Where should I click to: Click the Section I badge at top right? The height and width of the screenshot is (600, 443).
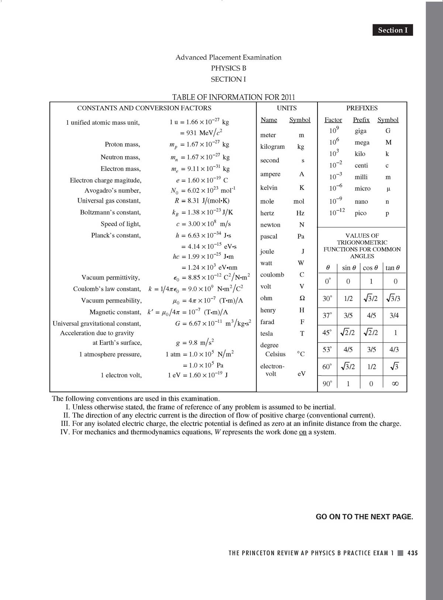click(393, 30)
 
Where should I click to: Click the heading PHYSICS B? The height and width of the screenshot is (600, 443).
click(229, 68)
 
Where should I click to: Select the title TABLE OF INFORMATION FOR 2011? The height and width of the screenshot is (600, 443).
click(234, 97)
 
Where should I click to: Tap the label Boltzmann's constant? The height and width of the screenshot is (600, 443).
click(110, 212)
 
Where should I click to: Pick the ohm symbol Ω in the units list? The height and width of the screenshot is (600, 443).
click(302, 298)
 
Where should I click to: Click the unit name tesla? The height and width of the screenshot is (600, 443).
click(267, 333)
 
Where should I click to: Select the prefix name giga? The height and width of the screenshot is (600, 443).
click(361, 131)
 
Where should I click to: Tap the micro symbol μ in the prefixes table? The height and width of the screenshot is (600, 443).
click(388, 189)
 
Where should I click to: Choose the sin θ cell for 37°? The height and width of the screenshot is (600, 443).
click(348, 315)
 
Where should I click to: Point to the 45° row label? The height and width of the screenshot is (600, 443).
click(327, 333)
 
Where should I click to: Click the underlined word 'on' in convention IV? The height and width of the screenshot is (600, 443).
click(303, 432)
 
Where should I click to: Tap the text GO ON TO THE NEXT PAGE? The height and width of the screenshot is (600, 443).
click(364, 517)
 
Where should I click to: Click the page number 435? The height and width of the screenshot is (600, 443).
click(413, 553)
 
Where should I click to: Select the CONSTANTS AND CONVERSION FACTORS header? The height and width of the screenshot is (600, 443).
click(144, 108)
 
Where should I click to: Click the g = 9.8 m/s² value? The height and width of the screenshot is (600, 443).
click(195, 342)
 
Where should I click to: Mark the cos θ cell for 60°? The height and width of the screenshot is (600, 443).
click(372, 367)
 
